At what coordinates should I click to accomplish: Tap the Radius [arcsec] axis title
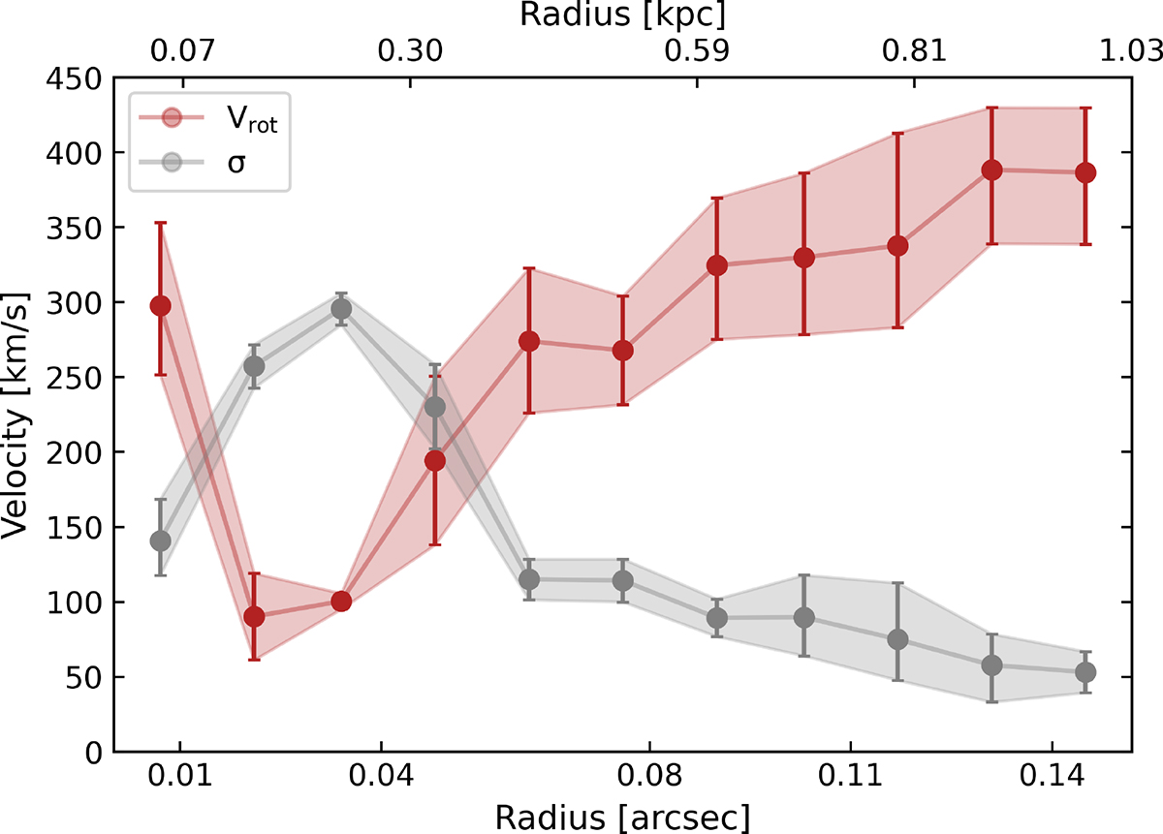pyautogui.click(x=621, y=817)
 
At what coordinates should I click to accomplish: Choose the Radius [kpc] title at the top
pyautogui.click(x=621, y=15)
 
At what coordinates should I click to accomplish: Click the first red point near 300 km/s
pyautogui.click(x=161, y=306)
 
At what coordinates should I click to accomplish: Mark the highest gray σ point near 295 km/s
pyautogui.click(x=341, y=309)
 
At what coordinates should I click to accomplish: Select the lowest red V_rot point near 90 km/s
pyautogui.click(x=254, y=617)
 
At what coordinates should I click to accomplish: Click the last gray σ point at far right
pyautogui.click(x=1085, y=672)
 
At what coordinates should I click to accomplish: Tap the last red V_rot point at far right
pyautogui.click(x=1085, y=172)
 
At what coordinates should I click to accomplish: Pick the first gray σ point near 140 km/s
pyautogui.click(x=161, y=541)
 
